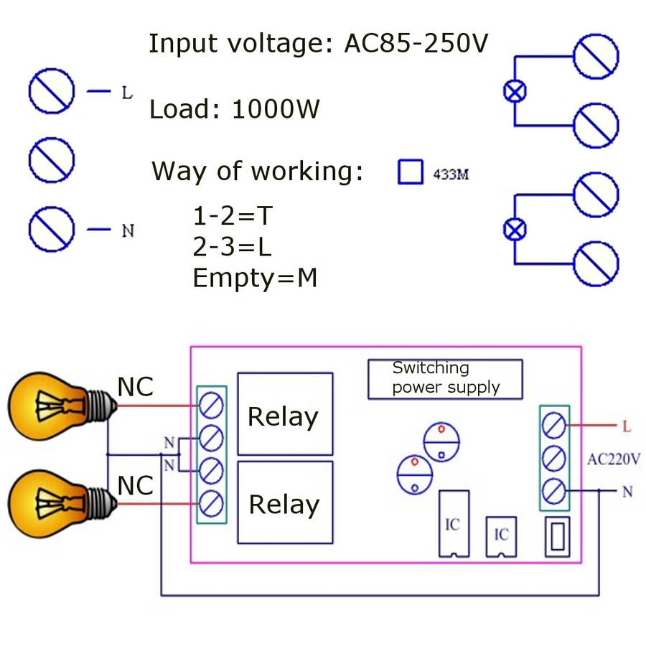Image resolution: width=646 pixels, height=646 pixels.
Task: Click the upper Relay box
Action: click(285, 414)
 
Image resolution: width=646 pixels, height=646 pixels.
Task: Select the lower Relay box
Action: click(285, 502)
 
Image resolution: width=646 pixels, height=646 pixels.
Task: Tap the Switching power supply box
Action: click(445, 379)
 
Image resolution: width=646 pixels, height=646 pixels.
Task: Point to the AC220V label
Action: click(613, 459)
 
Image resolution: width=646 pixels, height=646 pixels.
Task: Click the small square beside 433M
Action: click(411, 172)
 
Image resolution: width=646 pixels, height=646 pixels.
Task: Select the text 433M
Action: click(451, 174)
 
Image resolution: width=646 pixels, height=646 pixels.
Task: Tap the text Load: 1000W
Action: click(235, 110)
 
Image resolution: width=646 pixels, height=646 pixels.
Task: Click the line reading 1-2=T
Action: click(234, 215)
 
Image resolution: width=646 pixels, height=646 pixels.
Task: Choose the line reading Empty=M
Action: click(255, 277)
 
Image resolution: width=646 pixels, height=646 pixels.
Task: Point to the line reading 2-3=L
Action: click(233, 246)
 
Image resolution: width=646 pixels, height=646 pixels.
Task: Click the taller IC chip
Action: click(453, 523)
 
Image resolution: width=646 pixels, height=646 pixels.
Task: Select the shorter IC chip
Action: click(501, 535)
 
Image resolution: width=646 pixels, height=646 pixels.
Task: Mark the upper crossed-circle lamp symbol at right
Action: click(514, 91)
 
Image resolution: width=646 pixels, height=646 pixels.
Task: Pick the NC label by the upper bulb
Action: click(136, 387)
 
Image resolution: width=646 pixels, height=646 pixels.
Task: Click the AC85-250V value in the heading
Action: click(416, 44)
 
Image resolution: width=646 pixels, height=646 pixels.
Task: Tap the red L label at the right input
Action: click(626, 426)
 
